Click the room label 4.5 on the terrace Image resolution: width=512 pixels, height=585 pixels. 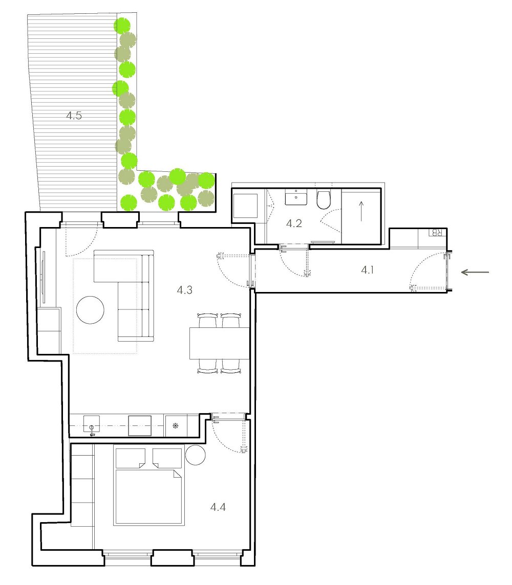coord(74,115)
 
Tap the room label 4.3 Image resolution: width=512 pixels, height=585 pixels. coord(184,289)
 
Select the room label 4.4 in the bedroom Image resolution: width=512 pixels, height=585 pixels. coord(218,507)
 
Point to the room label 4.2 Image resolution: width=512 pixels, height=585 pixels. coord(294,223)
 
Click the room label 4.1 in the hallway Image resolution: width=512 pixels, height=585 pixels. coord(368,269)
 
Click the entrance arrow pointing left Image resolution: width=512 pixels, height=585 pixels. coord(475,273)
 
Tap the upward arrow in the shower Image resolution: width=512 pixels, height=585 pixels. coord(361,211)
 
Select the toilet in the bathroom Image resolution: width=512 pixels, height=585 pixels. coord(324,200)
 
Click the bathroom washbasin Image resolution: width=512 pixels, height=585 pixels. coord(296,196)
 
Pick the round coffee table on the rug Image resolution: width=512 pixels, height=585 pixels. coord(90,310)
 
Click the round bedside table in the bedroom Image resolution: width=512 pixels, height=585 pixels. coord(195,455)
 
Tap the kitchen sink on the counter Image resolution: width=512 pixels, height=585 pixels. coord(92,424)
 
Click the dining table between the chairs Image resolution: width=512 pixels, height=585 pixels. coord(219,343)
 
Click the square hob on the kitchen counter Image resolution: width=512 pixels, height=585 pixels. coord(140,425)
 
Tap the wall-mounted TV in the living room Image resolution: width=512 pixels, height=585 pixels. coord(44,277)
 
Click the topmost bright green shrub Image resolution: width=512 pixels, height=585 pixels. coord(122,26)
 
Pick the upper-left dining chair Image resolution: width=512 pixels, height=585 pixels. coord(208,321)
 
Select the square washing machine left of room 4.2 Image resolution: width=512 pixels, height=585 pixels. coord(245,206)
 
